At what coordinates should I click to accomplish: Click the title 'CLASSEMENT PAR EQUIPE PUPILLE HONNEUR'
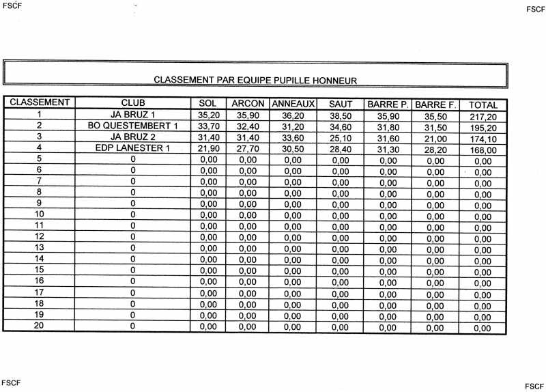click(255, 80)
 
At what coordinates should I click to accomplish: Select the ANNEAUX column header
click(292, 104)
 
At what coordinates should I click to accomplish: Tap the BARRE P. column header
click(387, 104)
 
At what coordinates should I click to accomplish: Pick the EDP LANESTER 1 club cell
click(132, 148)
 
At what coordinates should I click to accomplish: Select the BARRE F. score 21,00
click(435, 139)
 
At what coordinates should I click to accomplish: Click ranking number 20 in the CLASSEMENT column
click(39, 325)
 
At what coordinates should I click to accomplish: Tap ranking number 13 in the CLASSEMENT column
click(39, 247)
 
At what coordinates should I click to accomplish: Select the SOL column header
click(207, 103)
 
